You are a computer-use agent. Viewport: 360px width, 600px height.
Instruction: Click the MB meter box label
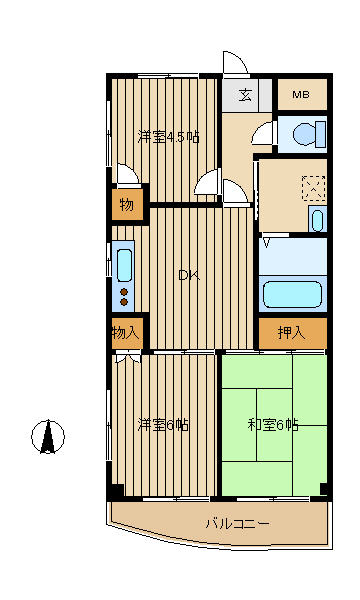pyautogui.click(x=301, y=94)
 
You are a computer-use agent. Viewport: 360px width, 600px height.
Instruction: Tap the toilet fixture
pyautogui.click(x=310, y=134)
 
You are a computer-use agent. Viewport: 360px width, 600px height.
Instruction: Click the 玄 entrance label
pyautogui.click(x=245, y=95)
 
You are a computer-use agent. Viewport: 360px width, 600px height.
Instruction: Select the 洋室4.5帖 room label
pyautogui.click(x=169, y=137)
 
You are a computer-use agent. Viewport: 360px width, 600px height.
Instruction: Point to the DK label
pyautogui.click(x=189, y=276)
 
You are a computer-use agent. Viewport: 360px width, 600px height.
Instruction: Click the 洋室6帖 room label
pyautogui.click(x=163, y=425)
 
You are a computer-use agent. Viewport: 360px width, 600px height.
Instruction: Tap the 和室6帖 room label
pyautogui.click(x=273, y=425)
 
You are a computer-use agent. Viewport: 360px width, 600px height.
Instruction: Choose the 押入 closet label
pyautogui.click(x=292, y=333)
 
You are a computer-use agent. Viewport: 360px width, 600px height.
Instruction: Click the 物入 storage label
pyautogui.click(x=125, y=333)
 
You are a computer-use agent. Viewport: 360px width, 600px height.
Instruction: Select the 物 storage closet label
pyautogui.click(x=127, y=205)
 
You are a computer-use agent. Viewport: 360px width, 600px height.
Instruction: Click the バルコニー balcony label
pyautogui.click(x=238, y=523)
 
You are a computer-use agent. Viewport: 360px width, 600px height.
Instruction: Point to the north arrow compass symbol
pyautogui.click(x=48, y=437)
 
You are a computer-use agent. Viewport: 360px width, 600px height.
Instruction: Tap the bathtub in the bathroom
pyautogui.click(x=293, y=294)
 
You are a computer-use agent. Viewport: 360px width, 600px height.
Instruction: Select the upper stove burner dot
pyautogui.click(x=124, y=292)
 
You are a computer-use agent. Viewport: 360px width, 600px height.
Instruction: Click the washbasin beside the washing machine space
pyautogui.click(x=317, y=220)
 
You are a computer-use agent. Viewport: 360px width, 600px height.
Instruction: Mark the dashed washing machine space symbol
pyautogui.click(x=314, y=188)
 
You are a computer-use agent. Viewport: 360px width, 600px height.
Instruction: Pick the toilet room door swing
pyautogui.click(x=263, y=132)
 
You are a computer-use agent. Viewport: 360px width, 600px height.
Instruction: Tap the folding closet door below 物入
pyautogui.click(x=127, y=357)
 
